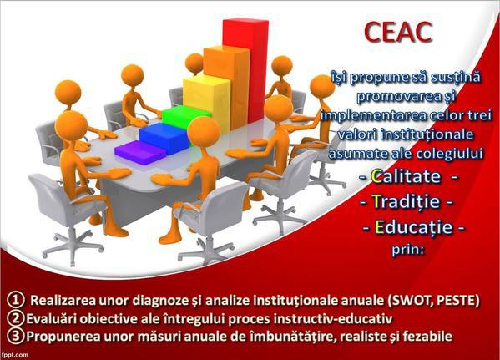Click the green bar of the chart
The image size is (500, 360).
(x=184, y=117)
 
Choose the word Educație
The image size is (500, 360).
(x=412, y=226)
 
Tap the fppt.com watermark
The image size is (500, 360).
(x=19, y=354)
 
